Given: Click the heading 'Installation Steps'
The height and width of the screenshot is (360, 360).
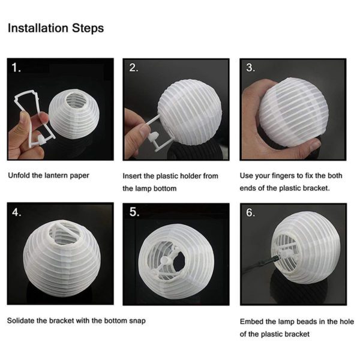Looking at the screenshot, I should pyautogui.click(x=55, y=28).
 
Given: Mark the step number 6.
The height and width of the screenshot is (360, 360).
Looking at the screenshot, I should pyautogui.click(x=251, y=214).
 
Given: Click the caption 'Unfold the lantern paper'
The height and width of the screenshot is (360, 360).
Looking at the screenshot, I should pyautogui.click(x=48, y=176).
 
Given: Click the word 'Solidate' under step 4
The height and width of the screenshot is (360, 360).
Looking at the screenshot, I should pyautogui.click(x=22, y=320).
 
